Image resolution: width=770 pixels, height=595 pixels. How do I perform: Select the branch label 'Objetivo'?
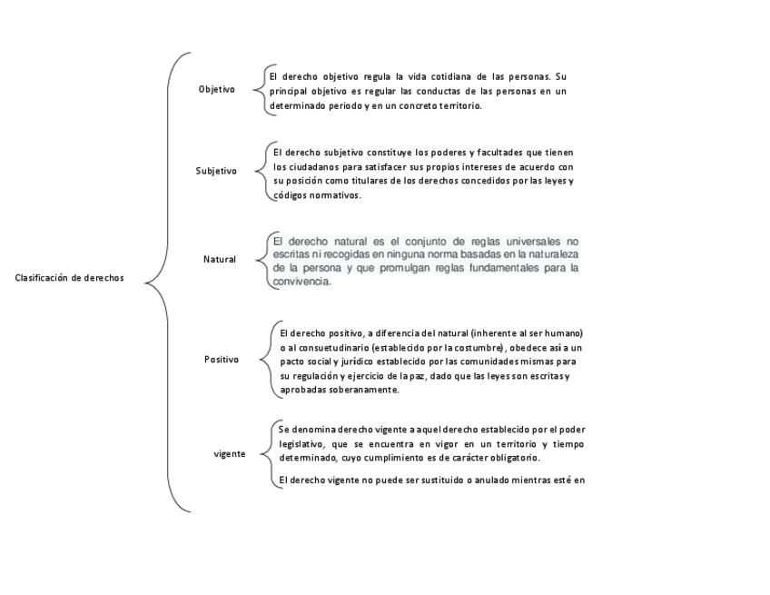pyautogui.click(x=216, y=89)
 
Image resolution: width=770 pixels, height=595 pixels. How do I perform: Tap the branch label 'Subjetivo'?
pyautogui.click(x=216, y=171)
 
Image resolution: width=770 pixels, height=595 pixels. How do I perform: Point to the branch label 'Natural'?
pyautogui.click(x=220, y=260)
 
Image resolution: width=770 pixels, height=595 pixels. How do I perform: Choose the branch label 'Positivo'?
pyautogui.click(x=222, y=360)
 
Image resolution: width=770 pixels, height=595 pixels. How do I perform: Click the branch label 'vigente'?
pyautogui.click(x=229, y=453)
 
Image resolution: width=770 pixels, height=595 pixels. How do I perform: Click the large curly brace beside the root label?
pyautogui.click(x=166, y=282)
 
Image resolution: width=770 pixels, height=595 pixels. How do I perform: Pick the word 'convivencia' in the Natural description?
pyautogui.click(x=301, y=282)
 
